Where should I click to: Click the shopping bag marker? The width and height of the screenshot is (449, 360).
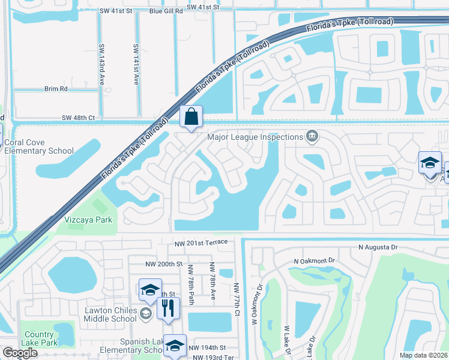[191, 117]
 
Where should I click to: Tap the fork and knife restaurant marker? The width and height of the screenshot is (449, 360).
[168, 308]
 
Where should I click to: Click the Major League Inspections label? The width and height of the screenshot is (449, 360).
[255, 137]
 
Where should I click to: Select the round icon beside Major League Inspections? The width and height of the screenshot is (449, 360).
[312, 137]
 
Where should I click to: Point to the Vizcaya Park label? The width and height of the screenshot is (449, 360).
[89, 220]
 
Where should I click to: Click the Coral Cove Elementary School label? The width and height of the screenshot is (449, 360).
[38, 147]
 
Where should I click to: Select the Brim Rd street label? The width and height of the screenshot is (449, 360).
[56, 88]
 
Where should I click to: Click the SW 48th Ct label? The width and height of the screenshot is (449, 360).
[79, 118]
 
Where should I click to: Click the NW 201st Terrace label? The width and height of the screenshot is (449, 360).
[201, 242]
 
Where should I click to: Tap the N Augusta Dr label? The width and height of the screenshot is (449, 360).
[378, 247]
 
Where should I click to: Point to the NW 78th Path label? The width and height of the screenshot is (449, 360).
[190, 284]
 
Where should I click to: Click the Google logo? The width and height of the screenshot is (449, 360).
[20, 353]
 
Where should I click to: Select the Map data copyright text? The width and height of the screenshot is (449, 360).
[423, 355]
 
